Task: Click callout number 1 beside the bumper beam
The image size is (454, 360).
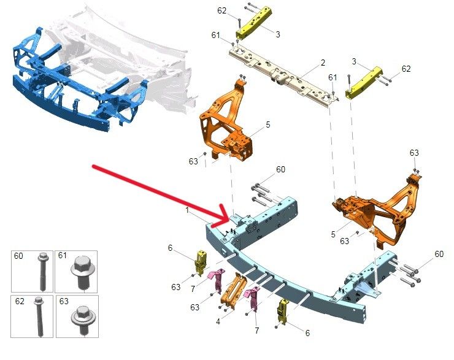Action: [187, 210]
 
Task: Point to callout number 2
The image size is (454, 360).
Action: [323, 63]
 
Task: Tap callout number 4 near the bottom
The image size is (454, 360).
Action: [218, 321]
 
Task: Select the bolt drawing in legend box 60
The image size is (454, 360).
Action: [42, 272]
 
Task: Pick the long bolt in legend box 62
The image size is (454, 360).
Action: [39, 316]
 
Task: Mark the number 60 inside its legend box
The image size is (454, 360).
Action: [18, 256]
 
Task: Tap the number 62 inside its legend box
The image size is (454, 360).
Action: [20, 301]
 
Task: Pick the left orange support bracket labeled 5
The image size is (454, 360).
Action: [226, 121]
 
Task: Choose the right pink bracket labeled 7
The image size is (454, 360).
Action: [253, 297]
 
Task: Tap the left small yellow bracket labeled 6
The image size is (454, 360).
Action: [201, 262]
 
